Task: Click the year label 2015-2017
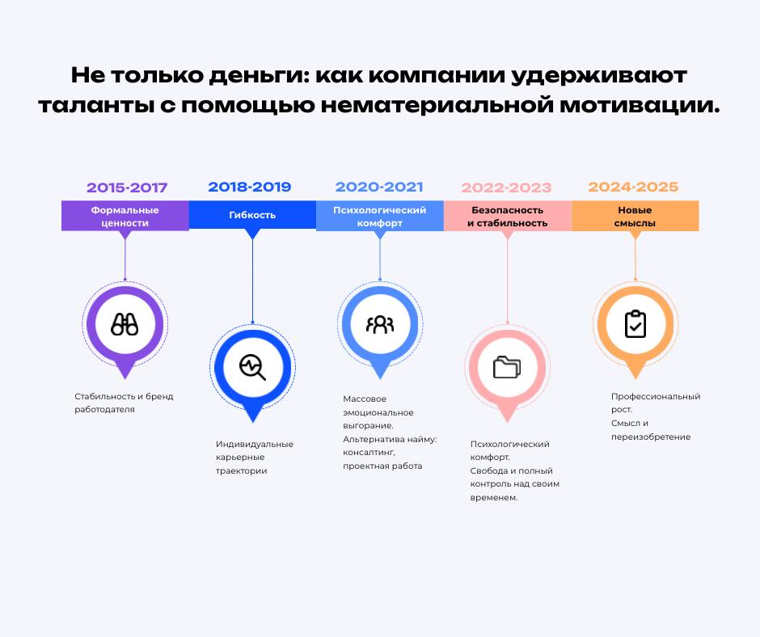[127, 188]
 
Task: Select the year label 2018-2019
[250, 187]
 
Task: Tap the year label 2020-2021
[379, 187]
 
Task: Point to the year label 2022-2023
[506, 188]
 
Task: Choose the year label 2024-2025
[633, 187]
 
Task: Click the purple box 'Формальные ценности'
[125, 216]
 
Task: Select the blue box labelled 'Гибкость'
[252, 215]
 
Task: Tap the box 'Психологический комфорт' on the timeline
[379, 216]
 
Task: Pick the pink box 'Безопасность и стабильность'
[507, 216]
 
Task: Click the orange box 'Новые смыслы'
[635, 216]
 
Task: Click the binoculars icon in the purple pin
[125, 324]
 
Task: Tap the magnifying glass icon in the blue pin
[252, 367]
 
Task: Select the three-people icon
[379, 324]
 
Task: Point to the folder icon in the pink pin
[507, 367]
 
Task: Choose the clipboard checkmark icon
[635, 324]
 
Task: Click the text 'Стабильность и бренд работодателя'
[124, 403]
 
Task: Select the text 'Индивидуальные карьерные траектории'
[254, 457]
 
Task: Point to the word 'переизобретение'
[650, 437]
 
